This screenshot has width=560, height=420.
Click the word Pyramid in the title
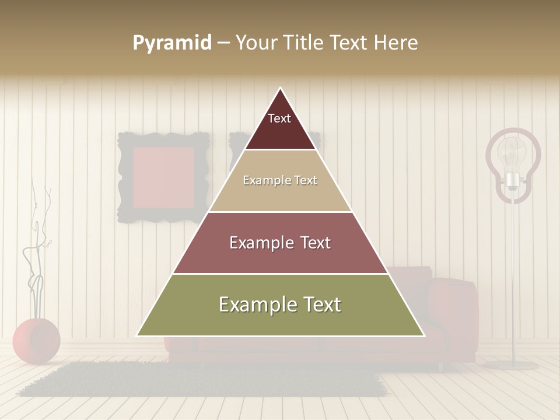(172, 43)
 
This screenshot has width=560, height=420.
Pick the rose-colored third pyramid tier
(281, 243)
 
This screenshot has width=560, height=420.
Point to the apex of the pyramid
(281, 89)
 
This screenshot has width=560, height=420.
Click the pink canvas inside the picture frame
(164, 177)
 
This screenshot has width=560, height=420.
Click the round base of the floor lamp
(512, 365)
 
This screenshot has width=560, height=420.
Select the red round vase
(36, 341)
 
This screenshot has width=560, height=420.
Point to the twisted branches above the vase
(38, 245)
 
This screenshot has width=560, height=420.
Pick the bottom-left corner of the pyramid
(138, 335)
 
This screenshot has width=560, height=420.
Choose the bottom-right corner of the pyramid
(423, 335)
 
